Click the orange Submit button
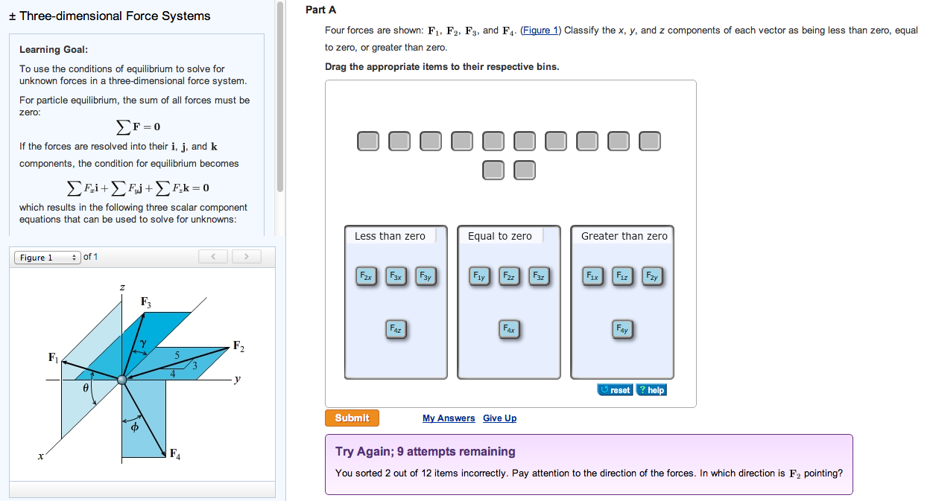point(352,418)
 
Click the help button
point(651,390)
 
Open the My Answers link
point(448,418)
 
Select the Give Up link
point(499,418)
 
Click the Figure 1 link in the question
point(540,31)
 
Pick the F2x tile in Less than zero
point(367,276)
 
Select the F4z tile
point(396,329)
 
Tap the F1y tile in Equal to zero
point(479,276)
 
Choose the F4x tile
point(509,328)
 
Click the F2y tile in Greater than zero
point(651,276)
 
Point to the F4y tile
point(622,328)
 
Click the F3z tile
point(537,276)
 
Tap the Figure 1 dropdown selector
point(46,258)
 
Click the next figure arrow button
point(247,257)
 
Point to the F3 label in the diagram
point(146,302)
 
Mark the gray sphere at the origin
point(122,380)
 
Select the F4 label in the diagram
point(175,453)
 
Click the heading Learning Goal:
point(54,50)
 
